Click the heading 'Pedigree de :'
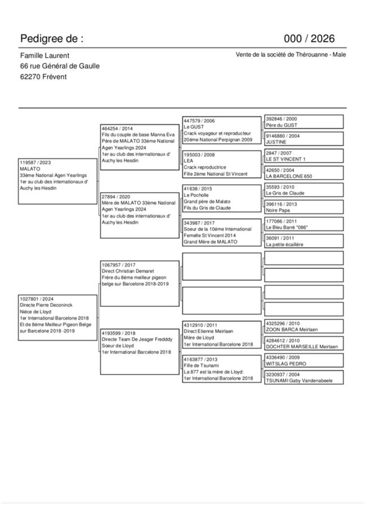coord(52,39)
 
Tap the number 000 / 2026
coord(309,39)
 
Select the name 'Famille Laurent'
coord(45,55)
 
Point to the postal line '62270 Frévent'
coord(43,77)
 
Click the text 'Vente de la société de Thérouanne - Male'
coord(291,55)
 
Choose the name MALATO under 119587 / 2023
coord(30,169)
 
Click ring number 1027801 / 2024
coord(37,298)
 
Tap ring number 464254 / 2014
coord(117,128)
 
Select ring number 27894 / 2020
coord(116,196)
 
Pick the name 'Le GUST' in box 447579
coord(194,127)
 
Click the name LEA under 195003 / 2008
coord(188,161)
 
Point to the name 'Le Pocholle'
coord(196,195)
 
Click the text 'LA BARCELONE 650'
coord(289,176)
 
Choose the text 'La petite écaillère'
coord(285,244)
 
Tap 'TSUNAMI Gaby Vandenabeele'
coord(299,381)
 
